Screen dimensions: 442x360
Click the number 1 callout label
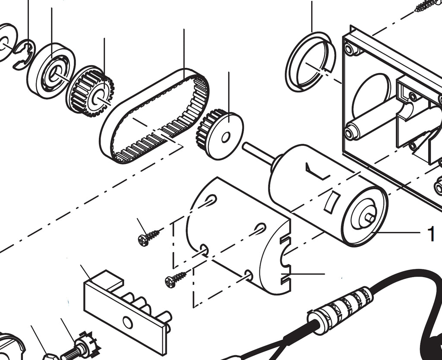[x=431, y=234]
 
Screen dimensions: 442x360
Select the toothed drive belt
[x=155, y=116]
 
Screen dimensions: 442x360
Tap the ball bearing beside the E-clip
[x=51, y=71]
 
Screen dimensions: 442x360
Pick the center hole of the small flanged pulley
[x=225, y=138]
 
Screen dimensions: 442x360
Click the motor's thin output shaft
[x=259, y=152]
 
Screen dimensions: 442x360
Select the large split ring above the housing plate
[x=310, y=62]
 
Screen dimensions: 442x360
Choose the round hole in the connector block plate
[x=128, y=322]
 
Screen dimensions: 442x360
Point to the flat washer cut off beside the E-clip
[x=6, y=42]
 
